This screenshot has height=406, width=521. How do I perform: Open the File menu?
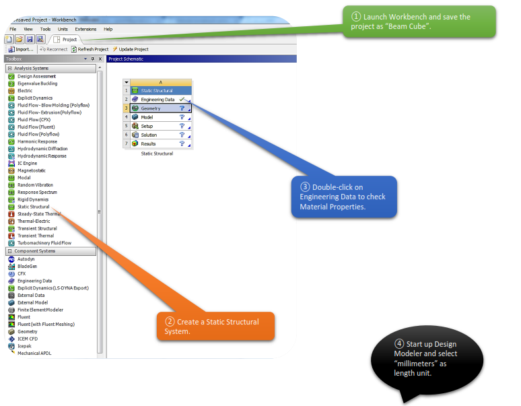[x=13, y=30]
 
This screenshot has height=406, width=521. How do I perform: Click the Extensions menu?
[x=85, y=30]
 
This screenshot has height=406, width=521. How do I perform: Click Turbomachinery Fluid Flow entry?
[x=44, y=243]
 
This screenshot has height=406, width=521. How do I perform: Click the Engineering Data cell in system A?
[x=158, y=100]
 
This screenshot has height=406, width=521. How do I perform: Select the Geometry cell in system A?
[x=151, y=108]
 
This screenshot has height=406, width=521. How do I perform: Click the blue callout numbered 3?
[x=344, y=197]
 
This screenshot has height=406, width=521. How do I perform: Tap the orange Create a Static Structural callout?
[x=215, y=326]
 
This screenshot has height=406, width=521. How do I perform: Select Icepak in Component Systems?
[x=26, y=346]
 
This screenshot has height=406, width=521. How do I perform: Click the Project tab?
[x=69, y=40]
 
